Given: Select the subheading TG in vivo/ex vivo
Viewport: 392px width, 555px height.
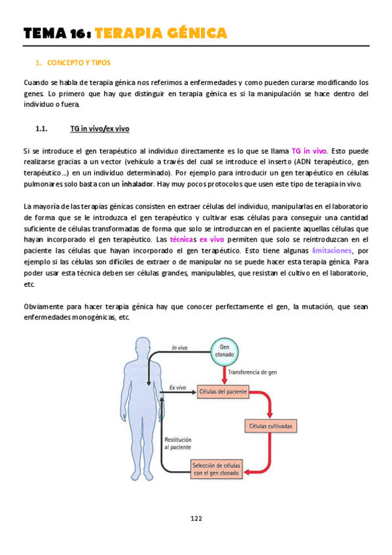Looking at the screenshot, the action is coord(99,129).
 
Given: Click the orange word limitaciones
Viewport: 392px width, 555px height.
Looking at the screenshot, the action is coord(332,251).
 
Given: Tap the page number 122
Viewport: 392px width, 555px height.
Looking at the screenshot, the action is coord(196,518).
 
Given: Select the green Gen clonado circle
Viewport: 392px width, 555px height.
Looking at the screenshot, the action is coord(225,354).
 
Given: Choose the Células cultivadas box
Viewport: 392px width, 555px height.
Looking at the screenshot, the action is coord(271,427).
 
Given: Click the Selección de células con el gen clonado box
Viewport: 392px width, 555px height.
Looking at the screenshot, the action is coord(216,468).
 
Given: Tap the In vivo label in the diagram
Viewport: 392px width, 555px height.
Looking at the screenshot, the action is coord(181,348).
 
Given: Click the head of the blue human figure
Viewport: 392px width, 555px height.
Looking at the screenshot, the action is coord(141,348).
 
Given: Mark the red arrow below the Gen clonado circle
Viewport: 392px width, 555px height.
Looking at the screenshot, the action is coord(225,374).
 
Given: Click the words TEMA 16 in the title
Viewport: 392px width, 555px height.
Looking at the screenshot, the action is coord(55,33).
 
